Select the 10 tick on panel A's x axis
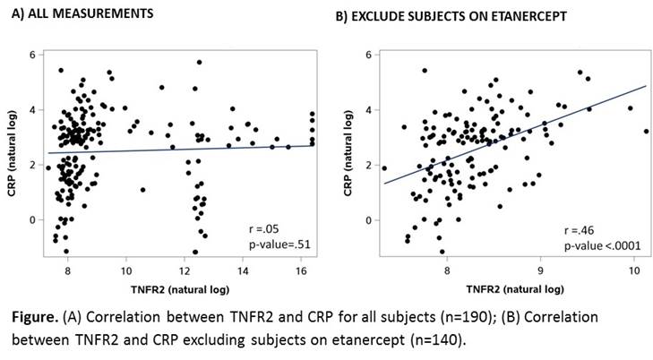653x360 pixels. [127, 270]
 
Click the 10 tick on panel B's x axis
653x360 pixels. [634, 270]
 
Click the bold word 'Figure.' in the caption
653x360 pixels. [37, 318]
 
